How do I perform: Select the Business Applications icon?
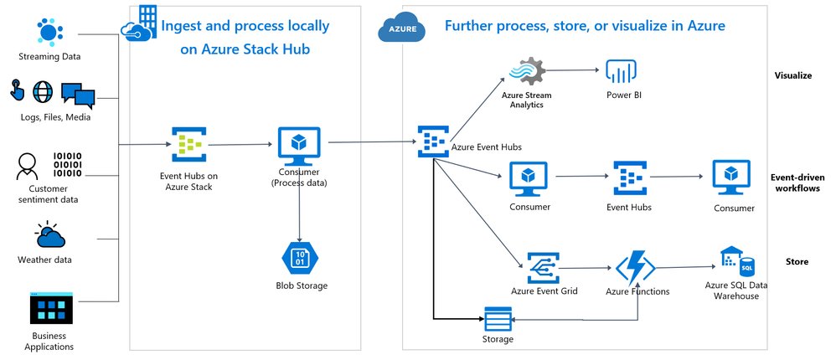click(51, 309)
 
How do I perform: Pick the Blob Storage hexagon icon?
click(299, 257)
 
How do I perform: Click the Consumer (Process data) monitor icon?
click(299, 143)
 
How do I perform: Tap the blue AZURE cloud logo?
click(400, 29)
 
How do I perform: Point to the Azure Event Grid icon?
click(544, 267)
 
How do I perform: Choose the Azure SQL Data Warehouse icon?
click(736, 262)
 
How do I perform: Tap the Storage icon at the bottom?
click(498, 319)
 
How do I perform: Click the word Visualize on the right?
click(792, 75)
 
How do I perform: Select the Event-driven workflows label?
click(794, 183)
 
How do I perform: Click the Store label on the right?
click(797, 261)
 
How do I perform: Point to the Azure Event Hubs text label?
click(486, 147)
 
